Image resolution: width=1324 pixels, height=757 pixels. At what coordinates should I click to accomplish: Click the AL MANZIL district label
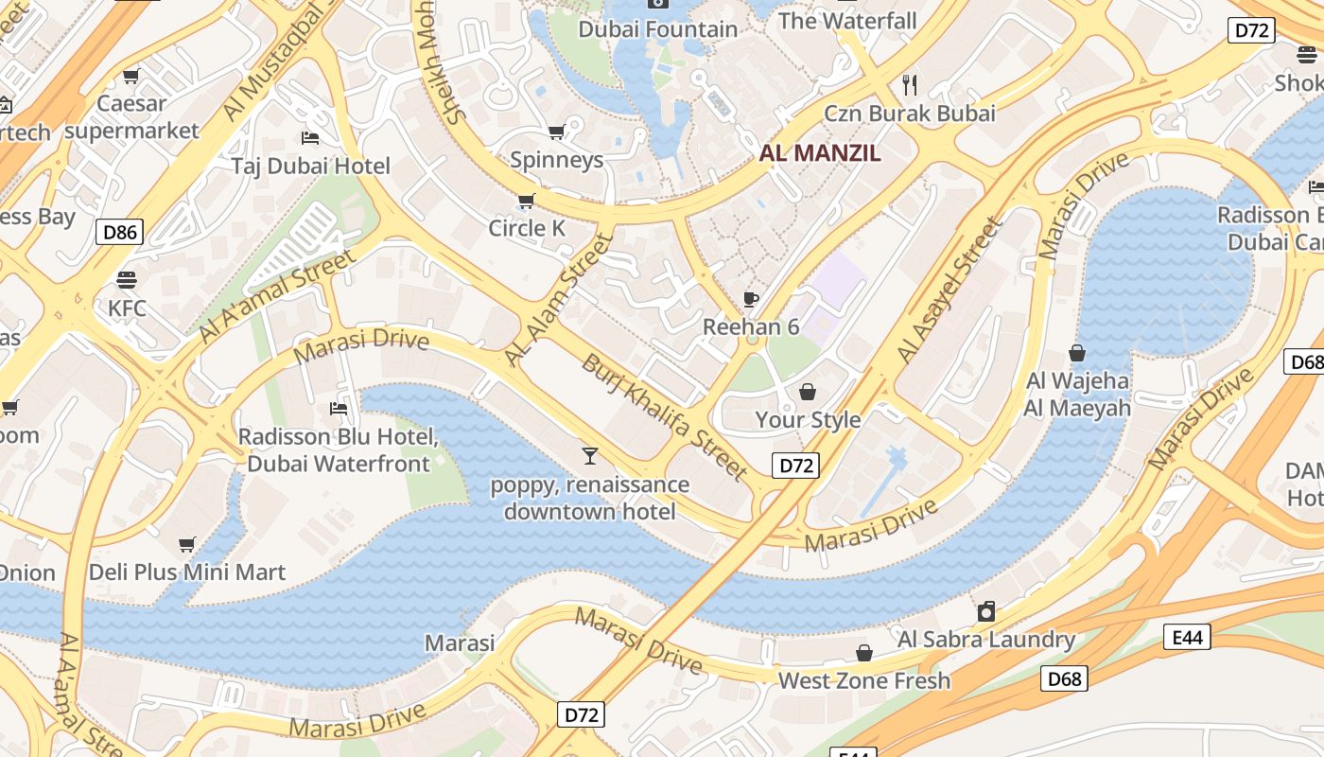point(820,152)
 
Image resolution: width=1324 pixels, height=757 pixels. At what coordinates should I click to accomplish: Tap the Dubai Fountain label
point(657,29)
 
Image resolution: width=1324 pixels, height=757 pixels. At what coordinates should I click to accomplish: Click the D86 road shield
point(119,231)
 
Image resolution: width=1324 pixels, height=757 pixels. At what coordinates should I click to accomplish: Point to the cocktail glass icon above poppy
point(590,456)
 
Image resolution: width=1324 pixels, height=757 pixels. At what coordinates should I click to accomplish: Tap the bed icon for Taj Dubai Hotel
point(310,138)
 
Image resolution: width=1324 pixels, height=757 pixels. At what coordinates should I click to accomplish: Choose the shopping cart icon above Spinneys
point(556,132)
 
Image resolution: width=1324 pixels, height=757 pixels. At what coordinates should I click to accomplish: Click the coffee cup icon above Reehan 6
point(751,300)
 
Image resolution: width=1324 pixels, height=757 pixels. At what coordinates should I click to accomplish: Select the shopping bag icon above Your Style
point(808,392)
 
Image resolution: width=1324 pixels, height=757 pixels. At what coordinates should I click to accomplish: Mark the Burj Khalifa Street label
point(665,415)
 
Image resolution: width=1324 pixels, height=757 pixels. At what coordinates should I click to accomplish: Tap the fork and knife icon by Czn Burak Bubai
point(910,85)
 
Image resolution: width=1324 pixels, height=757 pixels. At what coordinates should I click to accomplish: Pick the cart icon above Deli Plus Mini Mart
point(187,544)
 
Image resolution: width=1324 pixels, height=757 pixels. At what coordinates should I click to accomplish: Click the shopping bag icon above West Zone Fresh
point(863,653)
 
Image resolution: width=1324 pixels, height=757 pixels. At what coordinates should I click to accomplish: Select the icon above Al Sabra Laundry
point(986,611)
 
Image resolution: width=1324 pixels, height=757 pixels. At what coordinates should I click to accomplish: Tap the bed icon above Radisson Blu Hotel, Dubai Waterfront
point(338,409)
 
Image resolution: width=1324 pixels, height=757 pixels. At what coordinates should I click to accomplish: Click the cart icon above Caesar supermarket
point(131,76)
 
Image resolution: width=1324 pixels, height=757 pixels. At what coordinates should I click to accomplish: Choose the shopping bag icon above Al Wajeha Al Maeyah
point(1077,354)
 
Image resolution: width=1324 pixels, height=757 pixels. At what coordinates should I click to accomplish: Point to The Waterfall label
point(847,21)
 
